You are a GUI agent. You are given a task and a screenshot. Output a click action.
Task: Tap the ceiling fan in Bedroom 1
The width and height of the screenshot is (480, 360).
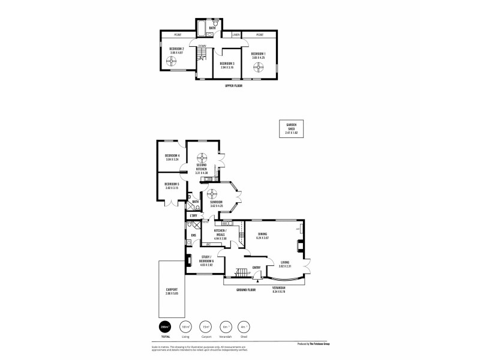[x=259, y=67]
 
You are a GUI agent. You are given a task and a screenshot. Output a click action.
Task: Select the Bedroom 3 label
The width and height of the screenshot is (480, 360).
[x=227, y=64]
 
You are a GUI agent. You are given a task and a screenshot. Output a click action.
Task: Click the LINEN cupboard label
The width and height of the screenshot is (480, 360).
[x=236, y=35]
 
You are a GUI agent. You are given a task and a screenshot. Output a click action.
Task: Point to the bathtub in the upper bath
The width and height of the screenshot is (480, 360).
[x=202, y=32]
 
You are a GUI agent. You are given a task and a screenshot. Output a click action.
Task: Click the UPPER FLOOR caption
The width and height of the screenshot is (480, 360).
[x=233, y=86]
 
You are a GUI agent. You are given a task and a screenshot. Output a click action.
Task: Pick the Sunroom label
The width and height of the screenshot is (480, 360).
[x=217, y=202]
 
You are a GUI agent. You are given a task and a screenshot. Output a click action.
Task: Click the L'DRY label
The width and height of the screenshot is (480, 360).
[x=193, y=215]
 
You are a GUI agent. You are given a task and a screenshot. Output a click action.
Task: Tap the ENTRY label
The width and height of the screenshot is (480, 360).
[x=257, y=268]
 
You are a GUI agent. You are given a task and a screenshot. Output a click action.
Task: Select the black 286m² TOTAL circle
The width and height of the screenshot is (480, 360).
[x=164, y=326]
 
